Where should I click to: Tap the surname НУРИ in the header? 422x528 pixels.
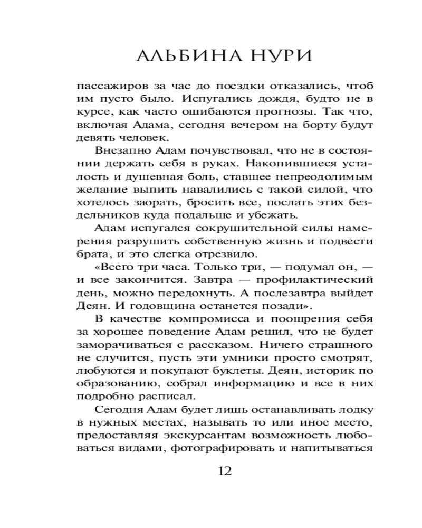tap(261, 56)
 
